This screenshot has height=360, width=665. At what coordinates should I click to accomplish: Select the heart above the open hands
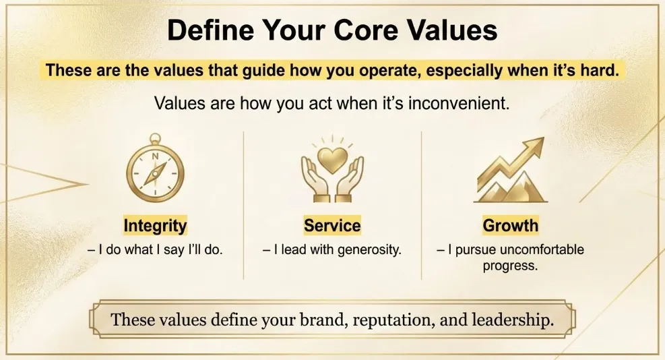[x=332, y=160]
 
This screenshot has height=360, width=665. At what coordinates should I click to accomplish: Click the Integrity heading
[x=155, y=225]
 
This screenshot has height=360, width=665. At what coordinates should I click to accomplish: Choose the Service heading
[x=332, y=225]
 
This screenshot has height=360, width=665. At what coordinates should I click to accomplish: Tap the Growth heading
[x=510, y=225]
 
